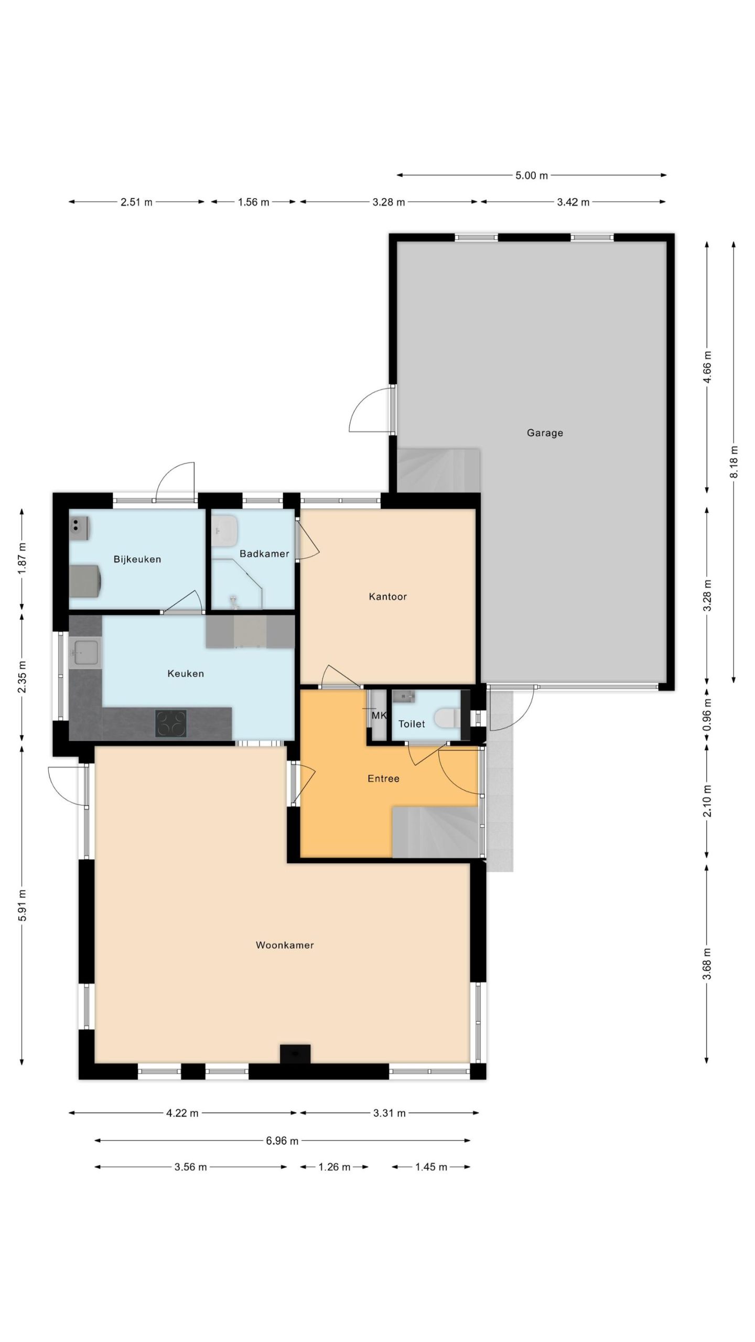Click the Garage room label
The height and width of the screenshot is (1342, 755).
pyautogui.click(x=545, y=433)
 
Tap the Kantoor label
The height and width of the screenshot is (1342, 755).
pyautogui.click(x=387, y=597)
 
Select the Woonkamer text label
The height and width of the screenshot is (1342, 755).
pyautogui.click(x=285, y=945)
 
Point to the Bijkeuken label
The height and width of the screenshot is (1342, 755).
pyautogui.click(x=137, y=559)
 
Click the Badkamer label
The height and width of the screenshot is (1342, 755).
pyautogui.click(x=264, y=554)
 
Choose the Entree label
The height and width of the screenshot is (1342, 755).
pyautogui.click(x=383, y=778)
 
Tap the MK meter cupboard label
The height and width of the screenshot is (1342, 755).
pyautogui.click(x=378, y=715)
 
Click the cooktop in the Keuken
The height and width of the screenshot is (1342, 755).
pyautogui.click(x=171, y=723)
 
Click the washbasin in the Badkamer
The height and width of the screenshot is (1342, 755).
pyautogui.click(x=225, y=530)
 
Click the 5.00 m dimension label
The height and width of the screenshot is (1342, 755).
pyautogui.click(x=531, y=175)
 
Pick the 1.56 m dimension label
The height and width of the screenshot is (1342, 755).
pyautogui.click(x=253, y=202)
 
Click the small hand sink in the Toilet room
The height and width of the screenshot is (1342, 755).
pyautogui.click(x=404, y=697)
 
